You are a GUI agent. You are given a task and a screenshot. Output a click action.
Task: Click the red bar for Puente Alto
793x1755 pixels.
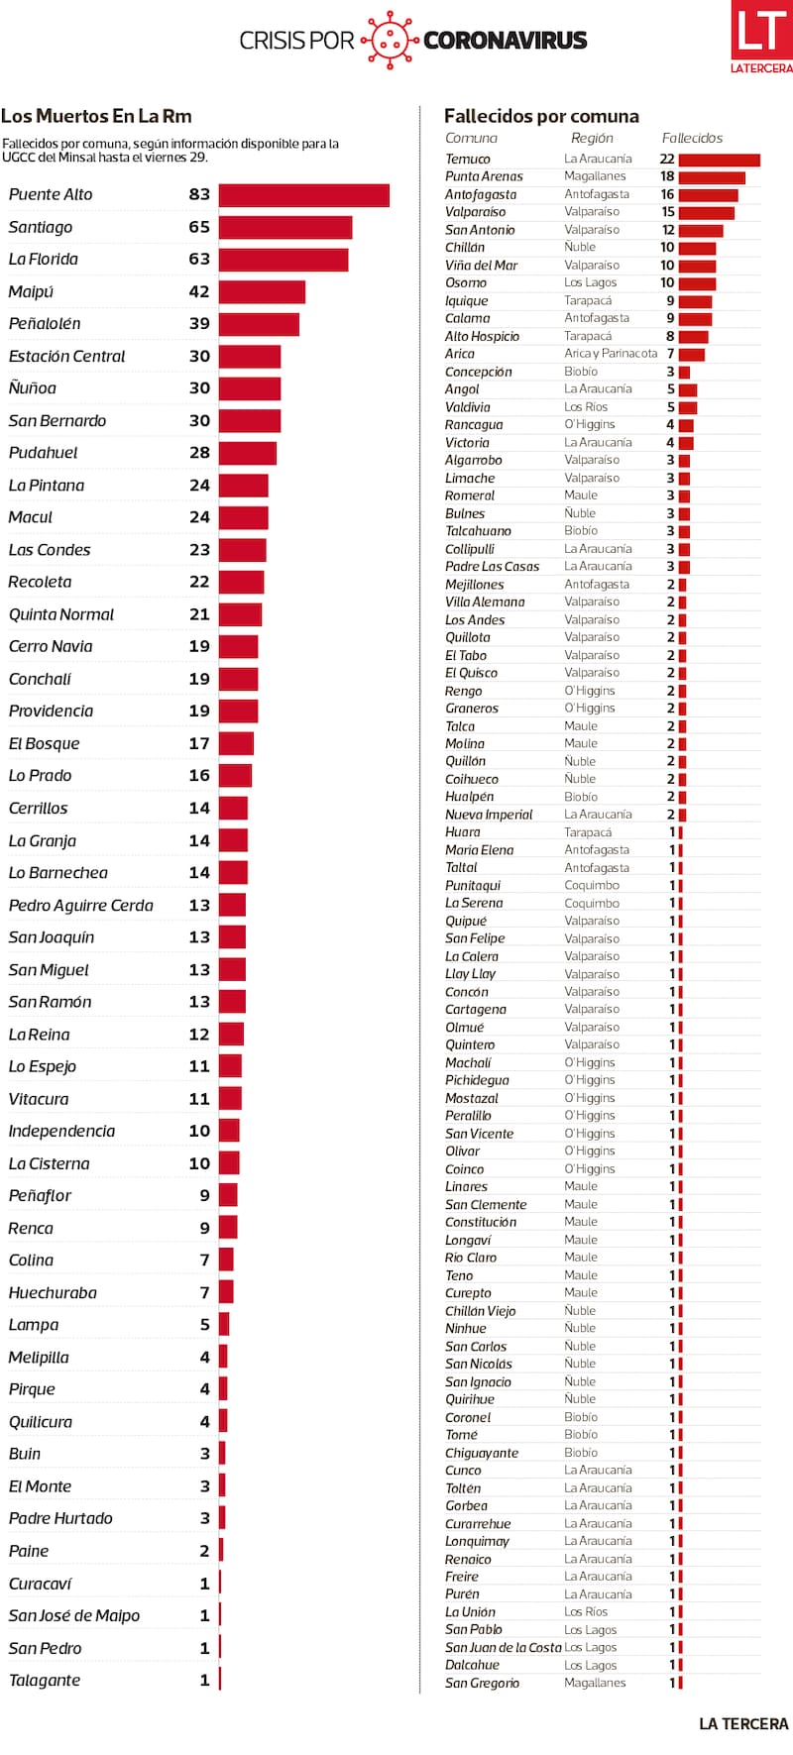(x=303, y=195)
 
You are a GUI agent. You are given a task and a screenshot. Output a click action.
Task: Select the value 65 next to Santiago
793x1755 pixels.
(x=199, y=227)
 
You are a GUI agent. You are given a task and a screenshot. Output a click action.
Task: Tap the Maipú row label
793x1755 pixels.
(x=32, y=292)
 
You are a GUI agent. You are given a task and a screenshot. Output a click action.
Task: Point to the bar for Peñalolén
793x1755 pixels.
(x=259, y=324)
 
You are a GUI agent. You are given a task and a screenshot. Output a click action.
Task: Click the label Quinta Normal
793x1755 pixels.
(x=61, y=614)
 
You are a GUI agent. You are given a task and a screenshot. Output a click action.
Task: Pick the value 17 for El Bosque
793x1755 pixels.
(x=199, y=743)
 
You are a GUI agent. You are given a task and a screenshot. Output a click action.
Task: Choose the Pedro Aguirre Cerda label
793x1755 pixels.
(x=81, y=906)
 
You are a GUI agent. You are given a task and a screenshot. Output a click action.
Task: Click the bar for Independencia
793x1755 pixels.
(x=229, y=1131)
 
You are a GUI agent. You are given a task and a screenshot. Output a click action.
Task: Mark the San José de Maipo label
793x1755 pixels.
(x=74, y=1615)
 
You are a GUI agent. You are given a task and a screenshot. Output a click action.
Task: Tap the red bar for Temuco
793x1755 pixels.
(x=720, y=160)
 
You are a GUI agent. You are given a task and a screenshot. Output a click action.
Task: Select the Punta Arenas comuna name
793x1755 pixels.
(x=484, y=176)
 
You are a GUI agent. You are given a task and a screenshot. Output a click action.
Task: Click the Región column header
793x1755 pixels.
(x=592, y=139)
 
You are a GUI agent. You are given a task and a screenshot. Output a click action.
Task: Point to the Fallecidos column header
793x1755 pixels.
(x=692, y=139)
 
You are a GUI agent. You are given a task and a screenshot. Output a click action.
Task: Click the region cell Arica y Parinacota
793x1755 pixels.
(x=611, y=354)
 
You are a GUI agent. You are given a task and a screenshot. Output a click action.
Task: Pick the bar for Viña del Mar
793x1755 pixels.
(x=697, y=266)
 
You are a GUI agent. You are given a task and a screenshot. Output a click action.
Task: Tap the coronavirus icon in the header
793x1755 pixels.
(x=389, y=41)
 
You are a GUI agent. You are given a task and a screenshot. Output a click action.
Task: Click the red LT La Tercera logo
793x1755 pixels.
(x=761, y=37)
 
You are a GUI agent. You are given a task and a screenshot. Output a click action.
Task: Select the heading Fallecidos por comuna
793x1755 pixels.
(x=541, y=116)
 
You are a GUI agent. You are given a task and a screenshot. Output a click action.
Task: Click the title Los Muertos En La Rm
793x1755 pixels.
(x=96, y=116)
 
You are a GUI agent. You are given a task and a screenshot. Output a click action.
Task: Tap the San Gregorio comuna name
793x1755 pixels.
(x=482, y=1683)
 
